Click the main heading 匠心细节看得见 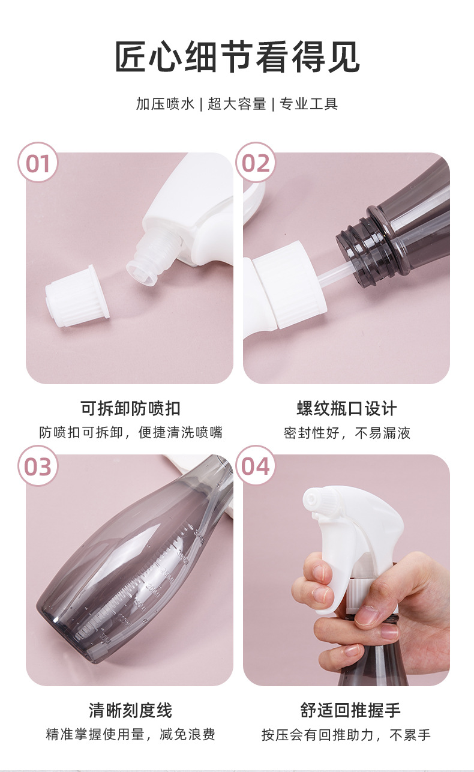(x=237, y=57)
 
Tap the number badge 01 (x=38, y=162)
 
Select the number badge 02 (x=255, y=162)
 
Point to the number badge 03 (x=38, y=466)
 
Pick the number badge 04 (x=255, y=466)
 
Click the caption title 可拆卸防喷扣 (x=131, y=408)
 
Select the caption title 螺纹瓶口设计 (x=347, y=408)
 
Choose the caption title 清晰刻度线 (x=131, y=710)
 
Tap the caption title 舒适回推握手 (x=350, y=710)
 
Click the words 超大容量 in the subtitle (x=237, y=104)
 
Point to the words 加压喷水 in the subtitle (x=166, y=104)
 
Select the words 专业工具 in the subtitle (x=308, y=104)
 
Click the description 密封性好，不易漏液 (x=347, y=433)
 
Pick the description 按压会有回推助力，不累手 (x=346, y=735)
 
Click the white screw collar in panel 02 (x=289, y=285)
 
